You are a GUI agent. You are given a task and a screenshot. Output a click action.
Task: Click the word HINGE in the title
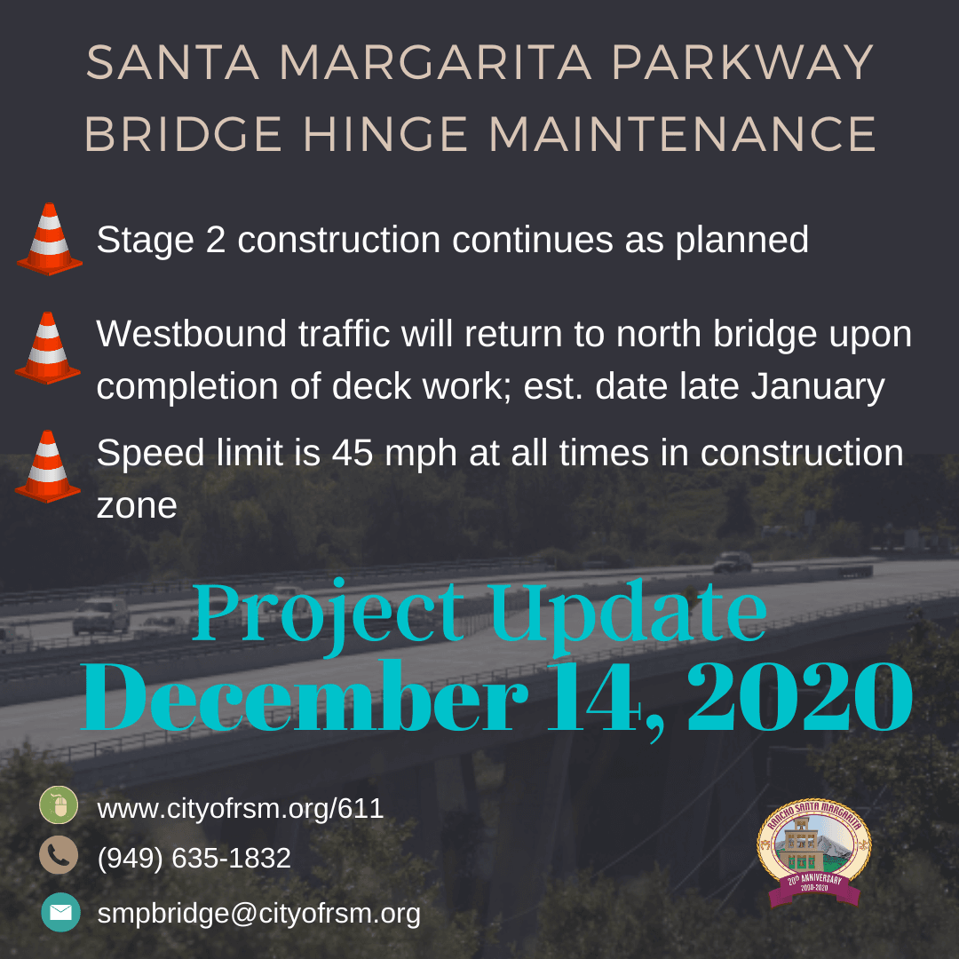(x=384, y=134)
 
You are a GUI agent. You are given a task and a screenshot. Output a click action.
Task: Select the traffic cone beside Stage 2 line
(x=50, y=239)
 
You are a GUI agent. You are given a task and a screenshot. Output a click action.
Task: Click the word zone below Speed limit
(x=136, y=505)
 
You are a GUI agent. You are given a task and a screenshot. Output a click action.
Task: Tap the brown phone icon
(x=59, y=856)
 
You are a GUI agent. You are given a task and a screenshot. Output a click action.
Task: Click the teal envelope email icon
(x=60, y=912)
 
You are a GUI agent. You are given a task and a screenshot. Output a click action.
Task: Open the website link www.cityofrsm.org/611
(x=240, y=808)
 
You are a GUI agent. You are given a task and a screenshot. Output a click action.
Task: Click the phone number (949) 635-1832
(x=194, y=858)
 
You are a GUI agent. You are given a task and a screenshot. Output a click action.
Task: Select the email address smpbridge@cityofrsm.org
(x=258, y=913)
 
